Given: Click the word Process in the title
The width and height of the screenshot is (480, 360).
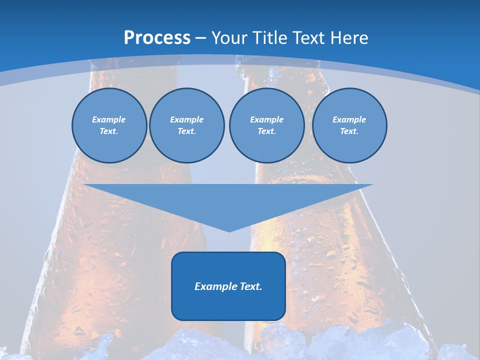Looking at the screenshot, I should point(157,38).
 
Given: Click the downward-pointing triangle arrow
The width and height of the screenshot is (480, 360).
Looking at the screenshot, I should point(228,200).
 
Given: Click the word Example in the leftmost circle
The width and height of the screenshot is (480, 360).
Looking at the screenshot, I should point(109,119).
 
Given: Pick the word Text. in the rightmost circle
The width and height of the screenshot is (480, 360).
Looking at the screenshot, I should point(349,131).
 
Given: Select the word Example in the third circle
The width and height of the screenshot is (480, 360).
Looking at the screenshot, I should point(266,119).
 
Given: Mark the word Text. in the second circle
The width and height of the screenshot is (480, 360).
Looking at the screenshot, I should point(186,131).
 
